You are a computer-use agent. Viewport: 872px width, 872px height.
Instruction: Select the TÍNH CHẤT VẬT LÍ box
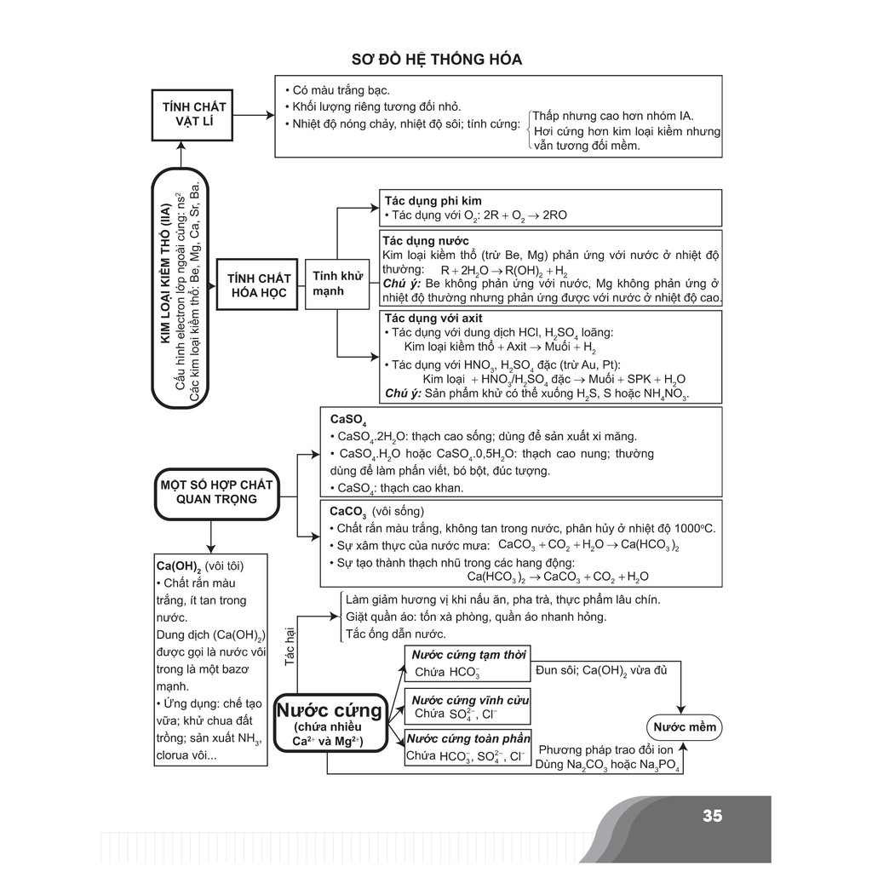click(194, 114)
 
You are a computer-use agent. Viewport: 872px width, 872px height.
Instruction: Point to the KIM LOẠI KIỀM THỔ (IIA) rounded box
click(180, 290)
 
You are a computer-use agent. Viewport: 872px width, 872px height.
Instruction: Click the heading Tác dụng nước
click(426, 241)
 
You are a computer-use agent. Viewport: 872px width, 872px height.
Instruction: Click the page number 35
click(712, 816)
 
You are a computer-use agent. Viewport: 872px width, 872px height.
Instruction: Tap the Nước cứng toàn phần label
click(470, 739)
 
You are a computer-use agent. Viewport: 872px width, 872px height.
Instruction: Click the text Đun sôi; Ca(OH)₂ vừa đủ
click(601, 671)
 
